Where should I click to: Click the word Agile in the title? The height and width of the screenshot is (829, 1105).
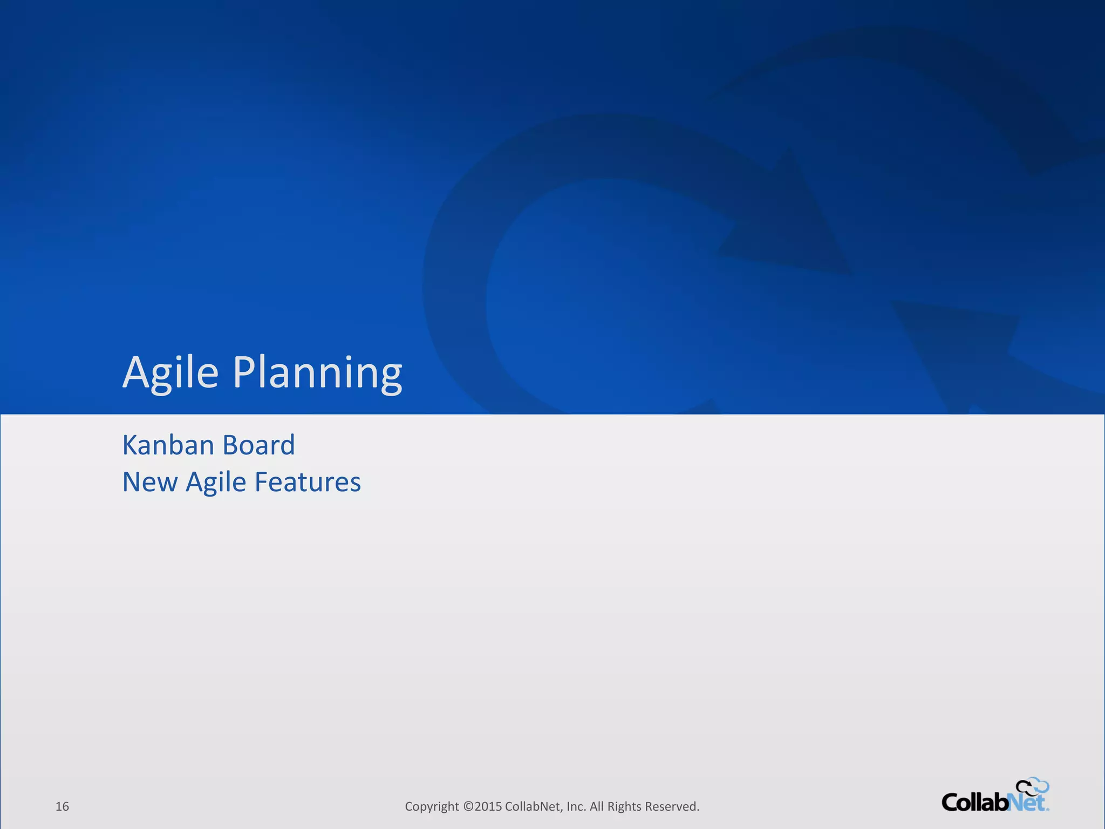click(x=170, y=372)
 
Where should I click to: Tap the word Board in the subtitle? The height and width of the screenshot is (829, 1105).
click(x=258, y=445)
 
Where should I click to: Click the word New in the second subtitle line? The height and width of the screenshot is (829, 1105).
click(x=149, y=482)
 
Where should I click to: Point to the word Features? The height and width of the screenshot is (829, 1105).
click(x=307, y=482)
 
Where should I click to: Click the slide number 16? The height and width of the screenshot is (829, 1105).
click(x=62, y=806)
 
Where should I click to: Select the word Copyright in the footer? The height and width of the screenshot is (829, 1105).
click(x=432, y=806)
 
